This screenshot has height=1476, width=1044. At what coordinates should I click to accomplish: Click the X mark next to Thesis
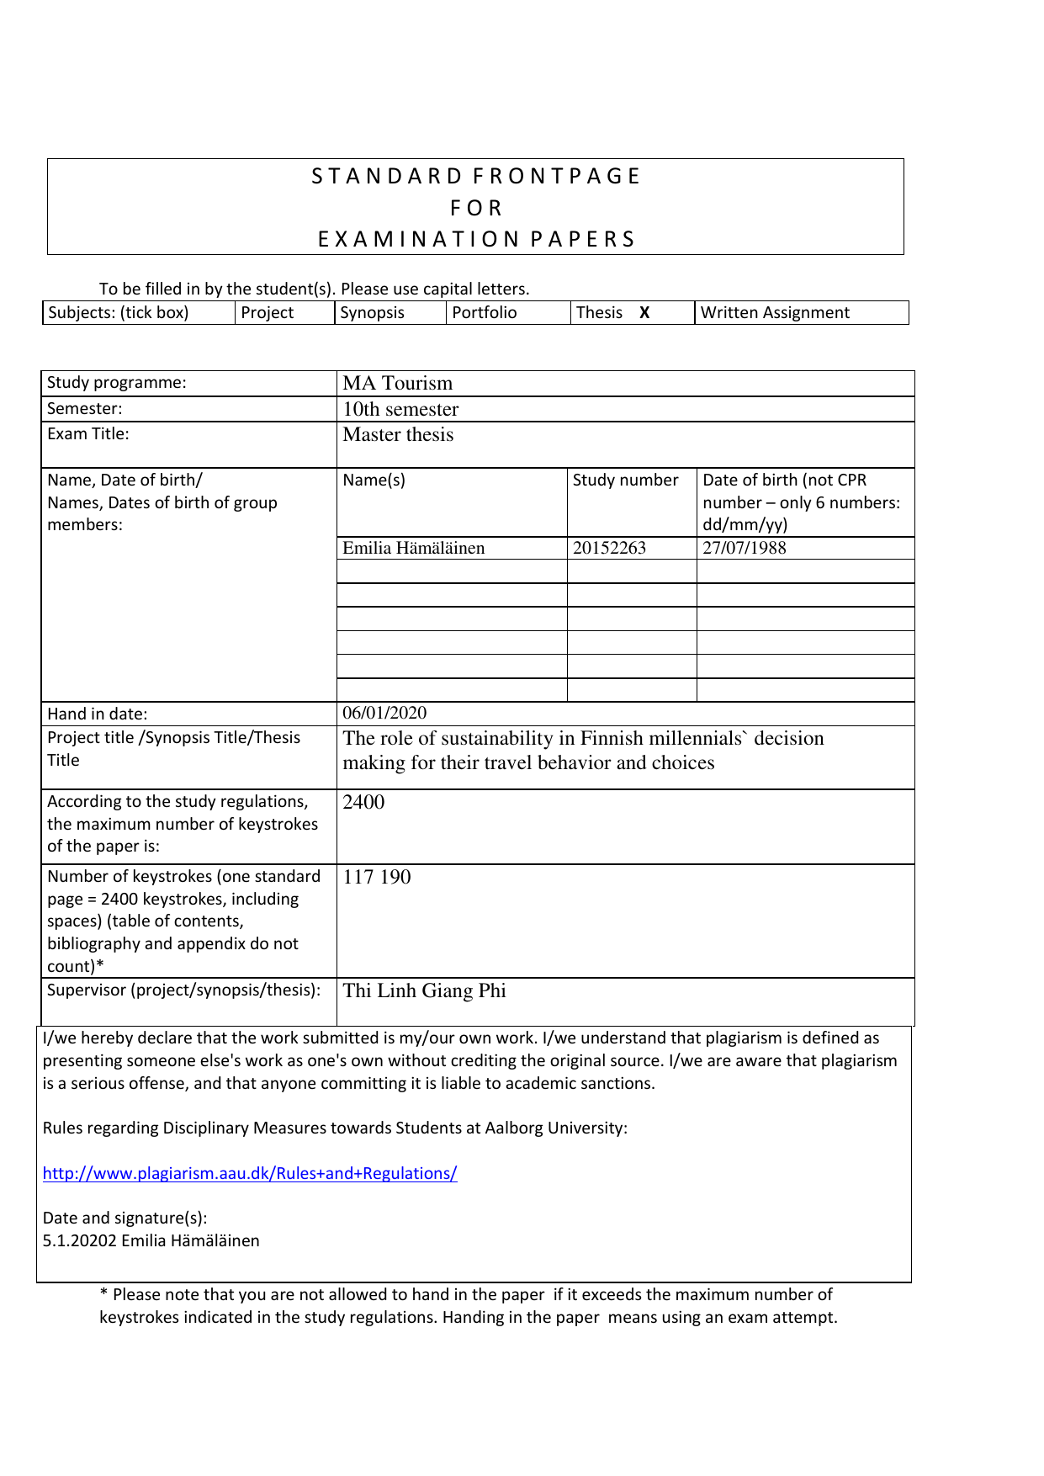[x=644, y=313]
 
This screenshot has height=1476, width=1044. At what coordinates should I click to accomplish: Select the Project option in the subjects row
[x=267, y=313]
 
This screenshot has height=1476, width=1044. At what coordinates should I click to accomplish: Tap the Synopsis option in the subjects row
[x=372, y=313]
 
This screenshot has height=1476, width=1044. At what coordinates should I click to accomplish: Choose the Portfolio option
[x=485, y=313]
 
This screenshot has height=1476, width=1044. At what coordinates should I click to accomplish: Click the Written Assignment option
[x=775, y=313]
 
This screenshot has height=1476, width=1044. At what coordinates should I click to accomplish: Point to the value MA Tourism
[x=397, y=384]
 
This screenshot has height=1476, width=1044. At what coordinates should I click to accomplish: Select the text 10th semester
[x=400, y=410]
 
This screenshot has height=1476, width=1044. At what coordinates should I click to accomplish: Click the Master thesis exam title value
[x=398, y=435]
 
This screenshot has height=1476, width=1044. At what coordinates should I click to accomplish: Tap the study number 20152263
[x=609, y=549]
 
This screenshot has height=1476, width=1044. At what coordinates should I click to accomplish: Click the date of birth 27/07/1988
[x=745, y=549]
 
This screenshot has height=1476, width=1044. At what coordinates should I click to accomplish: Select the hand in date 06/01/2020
[x=384, y=714]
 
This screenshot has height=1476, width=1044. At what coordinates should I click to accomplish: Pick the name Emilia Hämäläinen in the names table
[x=413, y=549]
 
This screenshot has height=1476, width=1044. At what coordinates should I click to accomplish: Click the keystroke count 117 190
[x=377, y=878]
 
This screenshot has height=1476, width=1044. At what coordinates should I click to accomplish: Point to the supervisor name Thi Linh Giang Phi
[x=424, y=991]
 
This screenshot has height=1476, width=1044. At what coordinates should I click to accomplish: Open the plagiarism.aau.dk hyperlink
[x=250, y=1174]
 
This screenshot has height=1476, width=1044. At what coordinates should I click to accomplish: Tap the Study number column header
[x=625, y=480]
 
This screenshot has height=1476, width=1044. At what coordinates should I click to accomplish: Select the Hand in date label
[x=97, y=714]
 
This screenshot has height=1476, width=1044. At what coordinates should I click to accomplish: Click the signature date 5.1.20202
[x=80, y=1241]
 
